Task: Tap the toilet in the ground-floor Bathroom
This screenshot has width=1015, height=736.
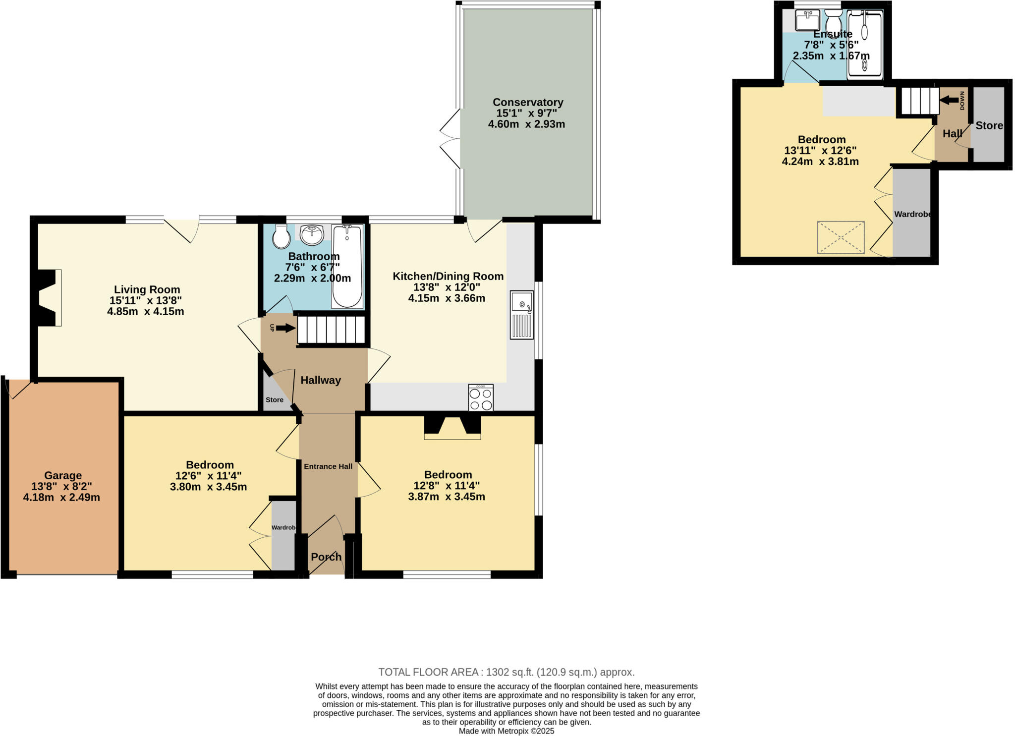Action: [281, 237]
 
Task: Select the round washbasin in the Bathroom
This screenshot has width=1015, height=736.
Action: [312, 234]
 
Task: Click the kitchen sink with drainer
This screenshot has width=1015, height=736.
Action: [522, 315]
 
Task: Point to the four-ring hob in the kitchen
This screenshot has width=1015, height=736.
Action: [481, 398]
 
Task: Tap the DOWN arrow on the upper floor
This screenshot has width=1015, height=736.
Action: [949, 101]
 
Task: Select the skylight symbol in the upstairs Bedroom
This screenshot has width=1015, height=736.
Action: [841, 238]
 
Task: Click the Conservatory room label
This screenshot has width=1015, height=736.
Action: [528, 102]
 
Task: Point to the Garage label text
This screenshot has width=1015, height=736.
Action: [63, 475]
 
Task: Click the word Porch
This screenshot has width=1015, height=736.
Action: [326, 557]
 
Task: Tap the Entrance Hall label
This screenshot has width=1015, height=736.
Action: [328, 466]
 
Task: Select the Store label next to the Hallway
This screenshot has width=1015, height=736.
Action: [275, 400]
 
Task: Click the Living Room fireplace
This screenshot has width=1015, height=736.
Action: [48, 298]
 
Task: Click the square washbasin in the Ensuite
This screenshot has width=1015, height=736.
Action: [807, 21]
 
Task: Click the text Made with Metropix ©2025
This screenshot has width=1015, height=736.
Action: [506, 731]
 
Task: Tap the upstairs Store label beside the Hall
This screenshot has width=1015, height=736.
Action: [989, 125]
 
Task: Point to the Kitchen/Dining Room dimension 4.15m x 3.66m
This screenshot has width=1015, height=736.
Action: [447, 298]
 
